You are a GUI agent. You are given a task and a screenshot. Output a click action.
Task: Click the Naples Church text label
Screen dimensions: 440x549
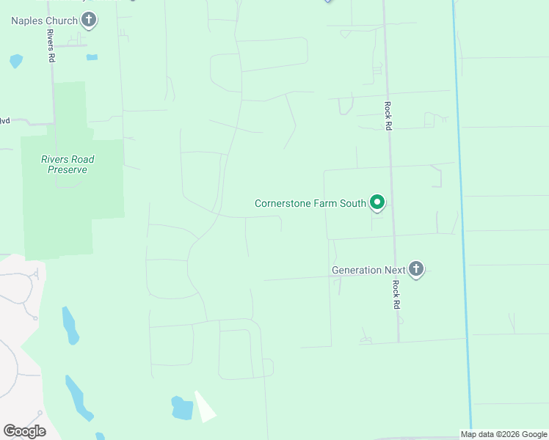point(44,21)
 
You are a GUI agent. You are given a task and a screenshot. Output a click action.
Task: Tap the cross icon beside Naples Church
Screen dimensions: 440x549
point(89,20)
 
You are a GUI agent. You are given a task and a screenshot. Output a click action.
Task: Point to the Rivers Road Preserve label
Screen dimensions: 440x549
point(68,164)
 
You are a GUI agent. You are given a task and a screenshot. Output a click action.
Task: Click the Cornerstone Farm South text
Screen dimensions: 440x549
point(310,203)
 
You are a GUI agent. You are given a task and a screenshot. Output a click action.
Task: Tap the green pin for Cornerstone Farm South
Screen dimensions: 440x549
point(377,202)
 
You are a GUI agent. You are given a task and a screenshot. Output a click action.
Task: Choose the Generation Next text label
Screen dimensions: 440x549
point(368,270)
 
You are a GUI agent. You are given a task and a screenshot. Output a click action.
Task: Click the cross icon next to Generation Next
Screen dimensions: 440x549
point(416,269)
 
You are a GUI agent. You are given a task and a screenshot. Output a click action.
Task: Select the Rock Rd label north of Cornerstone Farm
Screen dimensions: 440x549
point(388,116)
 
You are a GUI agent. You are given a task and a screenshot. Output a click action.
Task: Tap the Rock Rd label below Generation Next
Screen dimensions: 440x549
point(396,294)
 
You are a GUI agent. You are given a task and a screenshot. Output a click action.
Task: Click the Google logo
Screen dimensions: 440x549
point(24,431)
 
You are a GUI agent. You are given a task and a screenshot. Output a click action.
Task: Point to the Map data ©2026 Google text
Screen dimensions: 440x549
point(504,434)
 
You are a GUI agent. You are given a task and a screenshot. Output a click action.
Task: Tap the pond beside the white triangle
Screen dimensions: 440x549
point(181,408)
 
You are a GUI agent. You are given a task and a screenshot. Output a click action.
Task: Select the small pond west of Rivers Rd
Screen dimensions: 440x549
point(15,61)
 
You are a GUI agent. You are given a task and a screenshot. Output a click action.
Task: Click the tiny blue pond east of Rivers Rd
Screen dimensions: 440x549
point(92,56)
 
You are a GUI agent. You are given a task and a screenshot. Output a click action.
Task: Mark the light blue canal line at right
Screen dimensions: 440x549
point(462,220)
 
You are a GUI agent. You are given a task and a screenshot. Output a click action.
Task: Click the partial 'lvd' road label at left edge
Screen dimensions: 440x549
point(4,121)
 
